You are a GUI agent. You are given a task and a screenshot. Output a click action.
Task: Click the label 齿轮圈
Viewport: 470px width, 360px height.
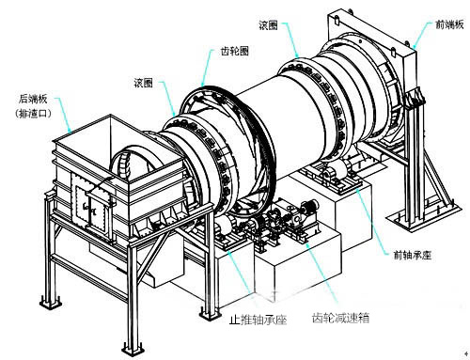tap(234, 51)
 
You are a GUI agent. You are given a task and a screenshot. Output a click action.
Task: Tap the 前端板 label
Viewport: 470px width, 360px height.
tap(449, 24)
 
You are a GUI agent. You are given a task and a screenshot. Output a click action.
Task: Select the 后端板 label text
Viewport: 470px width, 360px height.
tap(33, 99)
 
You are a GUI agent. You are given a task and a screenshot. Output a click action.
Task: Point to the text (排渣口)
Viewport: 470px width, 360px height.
tap(33, 114)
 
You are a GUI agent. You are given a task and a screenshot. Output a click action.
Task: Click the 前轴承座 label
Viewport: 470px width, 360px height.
tap(413, 256)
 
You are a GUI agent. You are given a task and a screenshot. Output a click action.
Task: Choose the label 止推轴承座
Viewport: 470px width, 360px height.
tap(258, 320)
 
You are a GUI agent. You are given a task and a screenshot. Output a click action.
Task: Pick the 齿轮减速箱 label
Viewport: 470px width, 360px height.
tap(340, 319)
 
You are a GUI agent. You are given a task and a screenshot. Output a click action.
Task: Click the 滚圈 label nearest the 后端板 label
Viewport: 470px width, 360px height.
tap(144, 83)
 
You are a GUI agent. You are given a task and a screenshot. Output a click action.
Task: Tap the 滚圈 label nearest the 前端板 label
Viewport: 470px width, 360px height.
tap(268, 25)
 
